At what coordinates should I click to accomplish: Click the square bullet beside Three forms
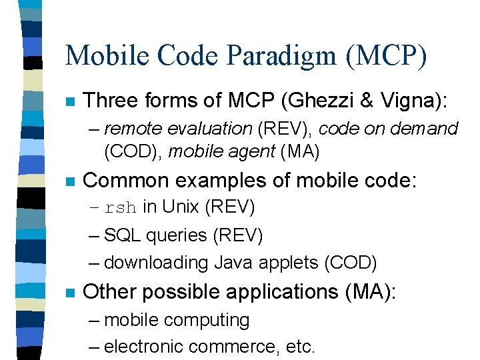click(x=69, y=102)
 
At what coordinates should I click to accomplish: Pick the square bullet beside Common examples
click(x=69, y=181)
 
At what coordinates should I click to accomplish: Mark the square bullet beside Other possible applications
click(x=69, y=293)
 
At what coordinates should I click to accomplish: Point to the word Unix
click(x=181, y=207)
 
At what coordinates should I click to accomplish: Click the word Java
click(x=231, y=263)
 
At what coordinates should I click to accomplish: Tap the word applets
click(x=285, y=263)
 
